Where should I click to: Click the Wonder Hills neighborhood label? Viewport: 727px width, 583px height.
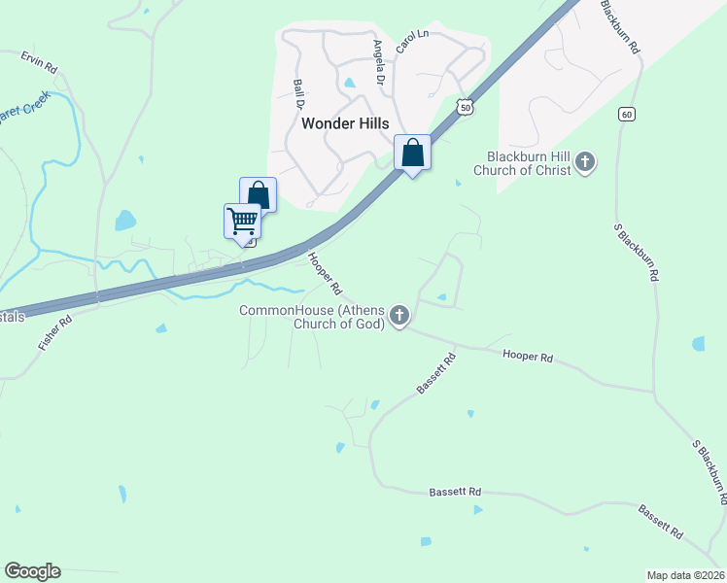pos(345,123)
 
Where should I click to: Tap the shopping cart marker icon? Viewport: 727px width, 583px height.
pos(242,221)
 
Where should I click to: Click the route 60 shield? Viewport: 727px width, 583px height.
pos(626,115)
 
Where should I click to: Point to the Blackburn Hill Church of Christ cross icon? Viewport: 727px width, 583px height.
pos(584,162)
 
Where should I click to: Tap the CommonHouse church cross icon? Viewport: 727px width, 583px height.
pos(398,316)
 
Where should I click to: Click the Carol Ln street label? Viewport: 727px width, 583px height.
pos(412,42)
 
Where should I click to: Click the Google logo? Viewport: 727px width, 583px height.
pos(32,571)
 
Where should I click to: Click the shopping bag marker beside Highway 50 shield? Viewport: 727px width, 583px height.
pos(413,153)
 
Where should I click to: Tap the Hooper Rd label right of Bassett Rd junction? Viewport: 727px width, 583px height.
pos(528,358)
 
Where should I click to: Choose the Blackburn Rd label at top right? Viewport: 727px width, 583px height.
pos(620,26)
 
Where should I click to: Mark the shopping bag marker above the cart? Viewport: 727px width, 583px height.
pos(259,193)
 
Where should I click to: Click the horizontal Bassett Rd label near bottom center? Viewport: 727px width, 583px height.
pos(456,493)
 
